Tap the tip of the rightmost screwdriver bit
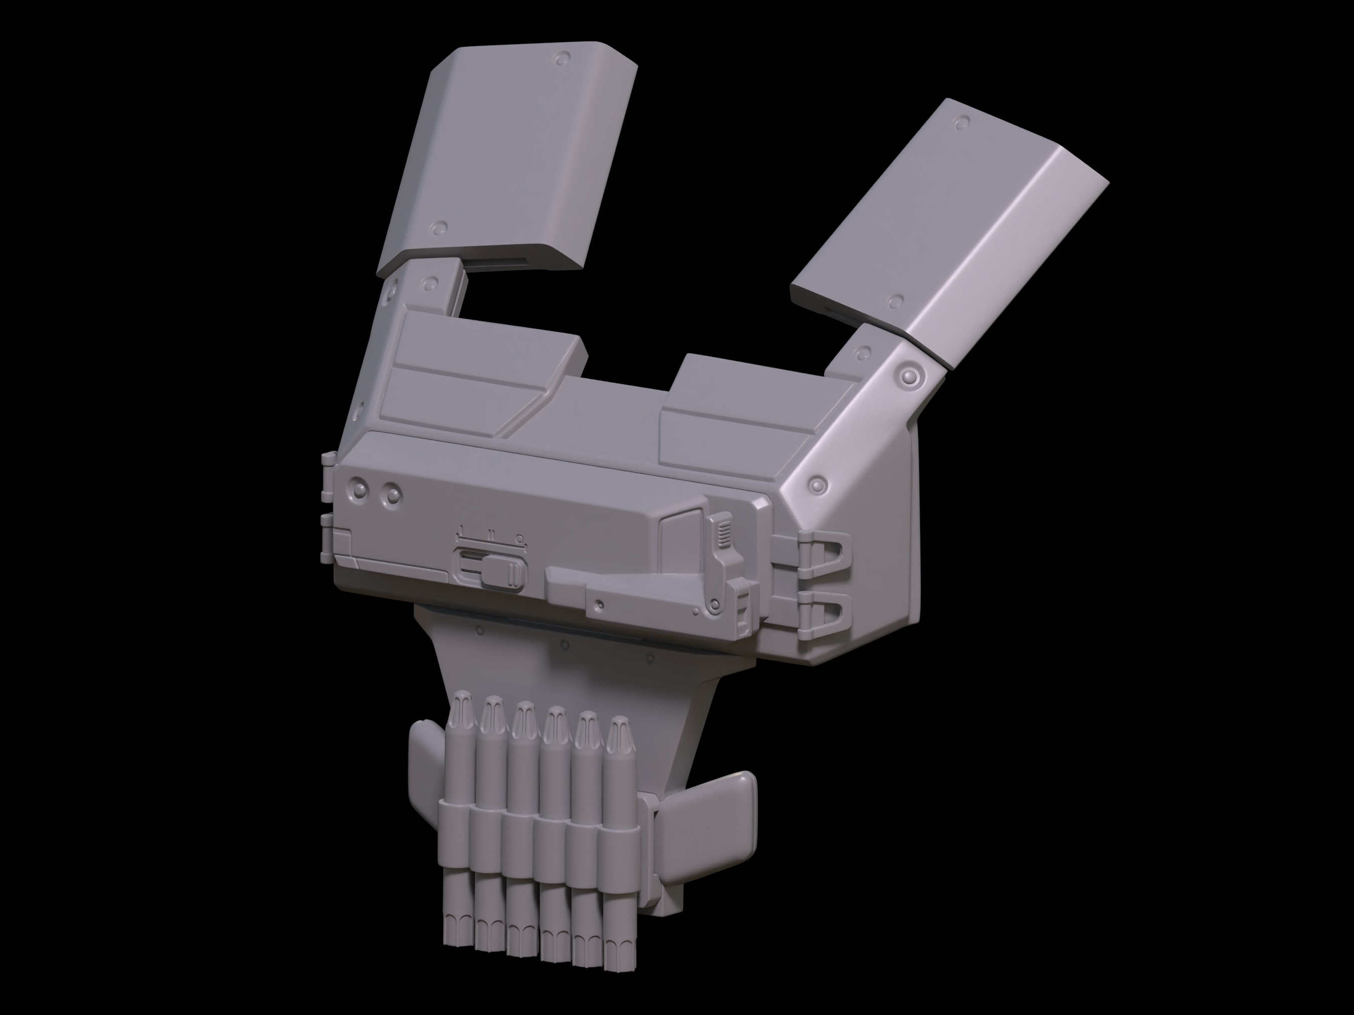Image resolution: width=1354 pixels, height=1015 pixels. pos(619,726)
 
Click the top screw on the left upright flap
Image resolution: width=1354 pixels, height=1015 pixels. pos(561,59)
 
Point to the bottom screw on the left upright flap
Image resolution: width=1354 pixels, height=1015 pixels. pos(438,227)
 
